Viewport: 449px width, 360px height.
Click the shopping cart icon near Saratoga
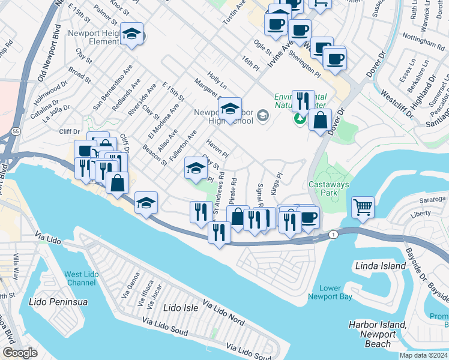[363, 208]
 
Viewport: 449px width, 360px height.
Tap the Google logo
[20, 353]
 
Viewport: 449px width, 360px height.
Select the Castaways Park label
[328, 189]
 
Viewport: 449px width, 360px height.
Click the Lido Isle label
[181, 308]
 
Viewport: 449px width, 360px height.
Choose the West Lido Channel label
[80, 279]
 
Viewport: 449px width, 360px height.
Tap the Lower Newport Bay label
[330, 292]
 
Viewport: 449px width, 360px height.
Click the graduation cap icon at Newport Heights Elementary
[131, 34]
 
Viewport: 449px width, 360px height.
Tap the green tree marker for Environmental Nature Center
[299, 119]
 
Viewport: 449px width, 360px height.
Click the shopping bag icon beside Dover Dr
[321, 119]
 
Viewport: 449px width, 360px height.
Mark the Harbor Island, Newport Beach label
[378, 334]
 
